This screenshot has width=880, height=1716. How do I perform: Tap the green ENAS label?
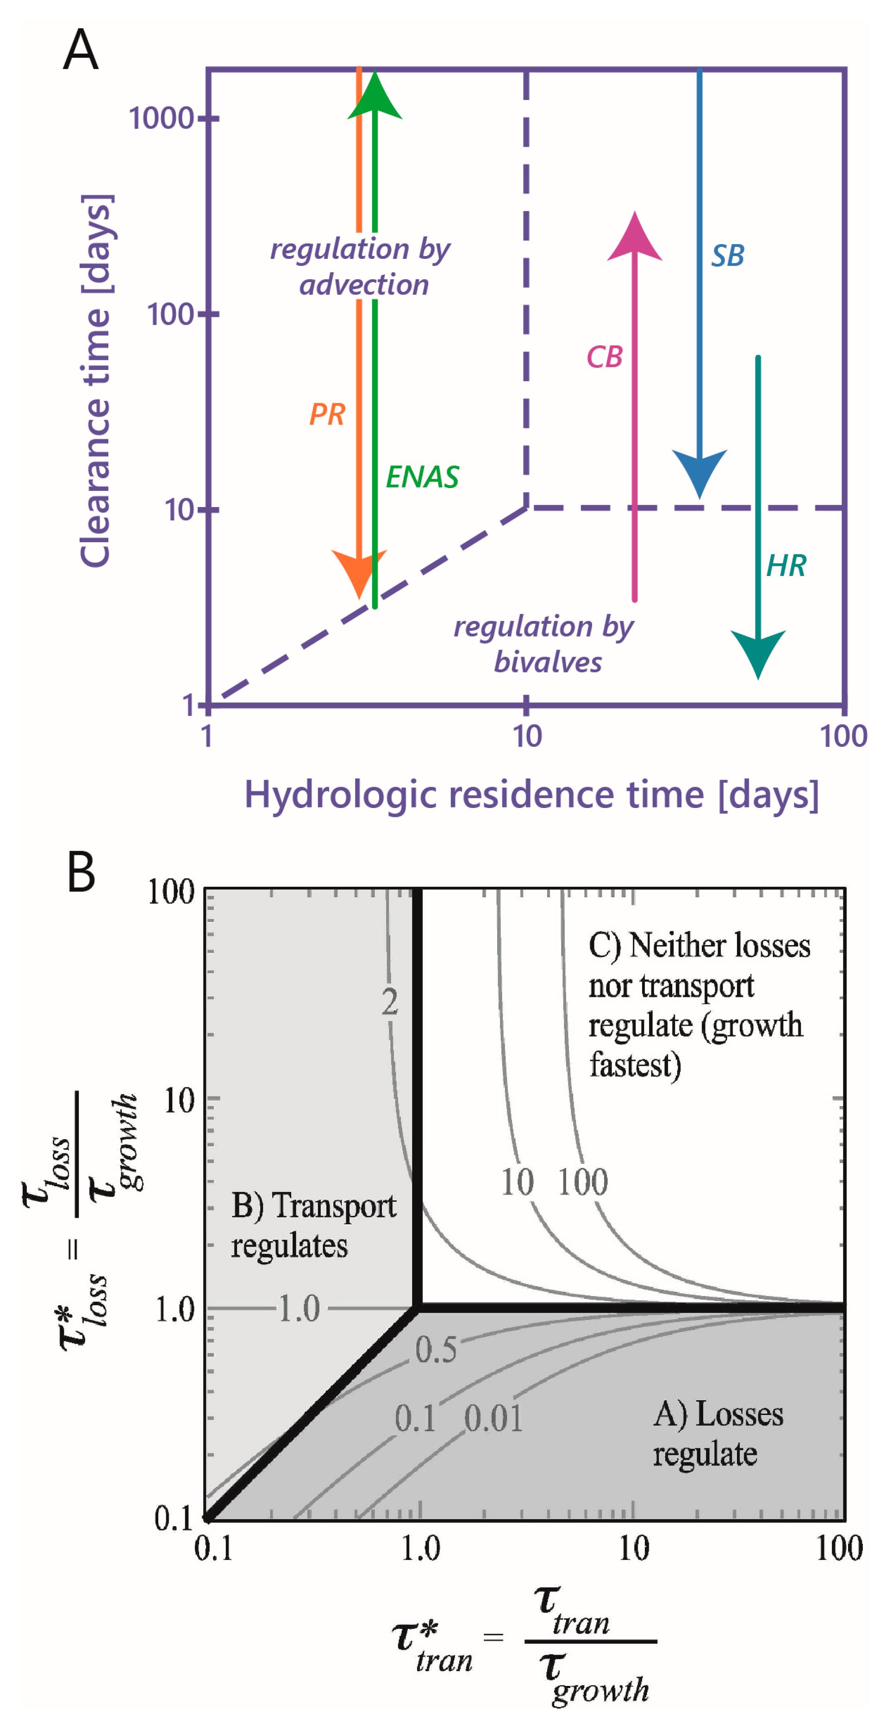point(422,477)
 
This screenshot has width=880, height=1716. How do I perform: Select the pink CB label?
point(604,357)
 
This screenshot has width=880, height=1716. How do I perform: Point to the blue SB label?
point(727,256)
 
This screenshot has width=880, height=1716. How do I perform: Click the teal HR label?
point(786,565)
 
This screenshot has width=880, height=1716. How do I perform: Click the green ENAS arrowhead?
point(375,97)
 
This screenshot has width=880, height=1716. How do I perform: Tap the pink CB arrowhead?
point(634,237)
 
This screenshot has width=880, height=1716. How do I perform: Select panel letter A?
point(81,49)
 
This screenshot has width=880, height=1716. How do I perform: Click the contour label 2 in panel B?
point(390,1001)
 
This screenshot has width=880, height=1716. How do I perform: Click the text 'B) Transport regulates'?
point(313,1226)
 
